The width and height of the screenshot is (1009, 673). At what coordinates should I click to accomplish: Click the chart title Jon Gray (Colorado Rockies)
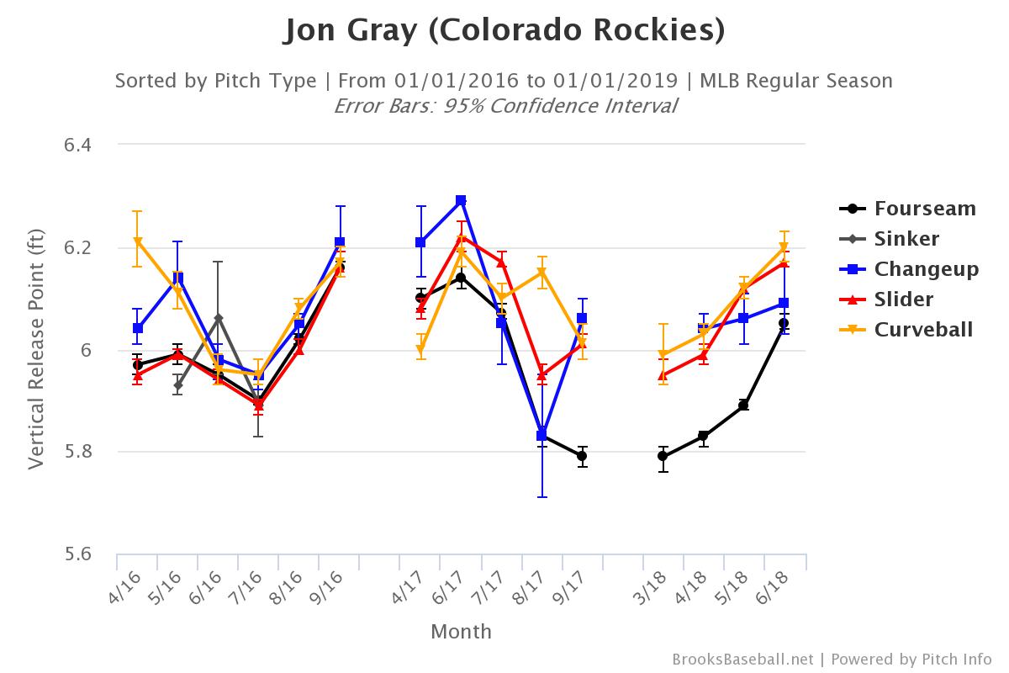tap(504, 30)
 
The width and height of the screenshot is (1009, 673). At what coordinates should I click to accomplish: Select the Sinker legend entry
tap(906, 239)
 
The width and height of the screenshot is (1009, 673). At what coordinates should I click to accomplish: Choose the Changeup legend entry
tap(926, 269)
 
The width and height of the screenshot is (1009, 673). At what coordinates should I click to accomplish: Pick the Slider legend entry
tap(903, 299)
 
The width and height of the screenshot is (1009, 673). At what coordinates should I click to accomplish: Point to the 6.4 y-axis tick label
tap(77, 146)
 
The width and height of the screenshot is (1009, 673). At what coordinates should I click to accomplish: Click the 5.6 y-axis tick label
tap(77, 554)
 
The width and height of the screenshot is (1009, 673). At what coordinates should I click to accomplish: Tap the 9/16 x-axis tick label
tap(331, 587)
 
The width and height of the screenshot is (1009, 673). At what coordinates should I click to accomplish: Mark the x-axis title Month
tap(461, 632)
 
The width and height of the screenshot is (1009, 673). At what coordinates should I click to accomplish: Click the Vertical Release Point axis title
tap(36, 349)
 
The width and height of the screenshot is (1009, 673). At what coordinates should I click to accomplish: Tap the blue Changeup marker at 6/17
tap(461, 200)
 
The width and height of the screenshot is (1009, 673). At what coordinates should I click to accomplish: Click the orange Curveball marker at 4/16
tap(138, 241)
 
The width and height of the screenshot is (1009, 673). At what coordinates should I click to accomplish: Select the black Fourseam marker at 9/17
tap(582, 456)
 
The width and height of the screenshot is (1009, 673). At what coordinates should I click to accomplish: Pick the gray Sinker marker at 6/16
tap(219, 319)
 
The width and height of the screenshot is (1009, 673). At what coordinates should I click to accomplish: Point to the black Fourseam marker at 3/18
tap(663, 456)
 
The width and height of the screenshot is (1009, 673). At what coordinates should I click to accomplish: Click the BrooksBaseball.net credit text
tap(742, 659)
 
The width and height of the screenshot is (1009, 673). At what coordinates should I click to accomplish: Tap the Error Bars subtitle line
tap(504, 106)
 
